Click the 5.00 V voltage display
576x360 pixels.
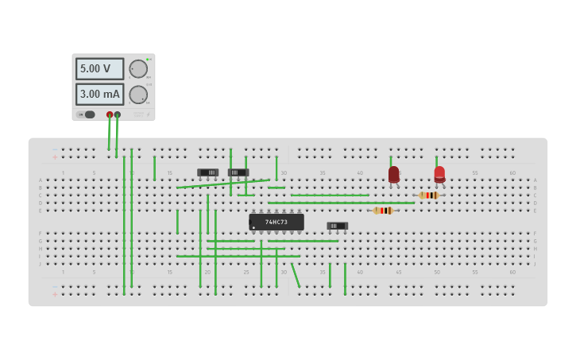(x=99, y=69)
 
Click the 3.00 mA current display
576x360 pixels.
(x=99, y=94)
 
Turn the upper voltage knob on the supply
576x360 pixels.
(x=138, y=69)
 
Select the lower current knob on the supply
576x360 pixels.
(x=138, y=95)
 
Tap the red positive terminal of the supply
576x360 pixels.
(x=110, y=114)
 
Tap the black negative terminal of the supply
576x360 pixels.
(x=118, y=114)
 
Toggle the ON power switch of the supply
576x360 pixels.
(x=88, y=114)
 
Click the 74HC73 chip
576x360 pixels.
(x=276, y=222)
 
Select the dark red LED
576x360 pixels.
(x=394, y=174)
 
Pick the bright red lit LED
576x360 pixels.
(x=439, y=173)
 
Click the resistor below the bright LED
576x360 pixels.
(x=429, y=195)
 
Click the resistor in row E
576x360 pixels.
(x=384, y=211)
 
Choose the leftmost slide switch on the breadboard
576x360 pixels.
(x=207, y=172)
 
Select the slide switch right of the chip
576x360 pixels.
(x=337, y=226)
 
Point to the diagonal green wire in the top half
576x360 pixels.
(x=222, y=184)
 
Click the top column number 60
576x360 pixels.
(x=512, y=172)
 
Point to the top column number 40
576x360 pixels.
(x=360, y=172)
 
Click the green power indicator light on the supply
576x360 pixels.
(x=147, y=59)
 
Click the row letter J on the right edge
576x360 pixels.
(x=535, y=264)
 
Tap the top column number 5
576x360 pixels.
(x=94, y=172)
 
